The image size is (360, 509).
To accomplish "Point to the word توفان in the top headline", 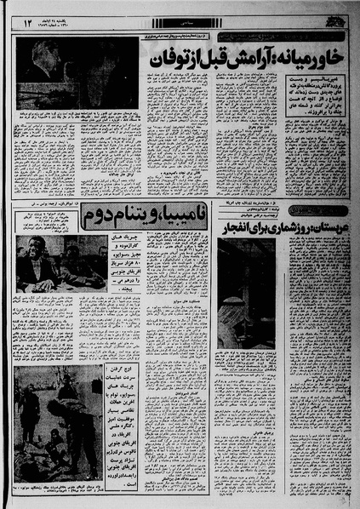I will tap(171, 61).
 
